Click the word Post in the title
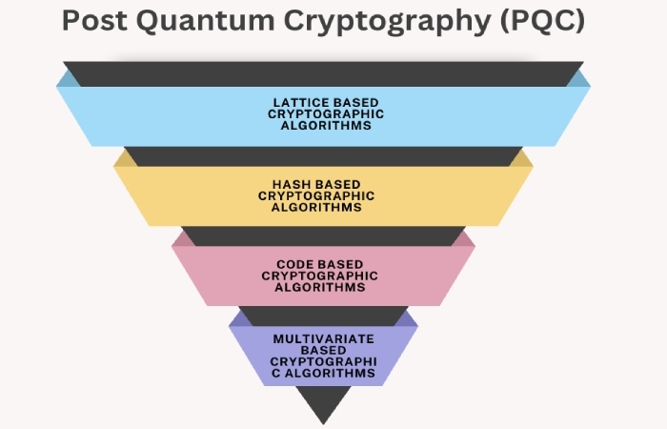[x=94, y=20]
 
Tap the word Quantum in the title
[x=205, y=21]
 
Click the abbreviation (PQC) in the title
[x=542, y=21]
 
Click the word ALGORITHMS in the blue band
[x=326, y=126]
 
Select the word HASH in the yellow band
[x=291, y=184]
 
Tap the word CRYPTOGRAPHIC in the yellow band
[x=316, y=195]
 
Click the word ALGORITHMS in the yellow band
[x=316, y=207]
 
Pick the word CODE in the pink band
[x=295, y=264]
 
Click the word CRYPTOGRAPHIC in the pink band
[x=319, y=276]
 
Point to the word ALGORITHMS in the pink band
[x=320, y=287]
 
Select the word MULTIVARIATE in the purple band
[x=323, y=338]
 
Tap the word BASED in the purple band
[x=323, y=350]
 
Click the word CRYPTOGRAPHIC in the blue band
[x=326, y=114]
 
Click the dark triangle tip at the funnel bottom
[x=323, y=424]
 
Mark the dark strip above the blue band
[x=323, y=74]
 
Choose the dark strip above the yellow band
[x=323, y=156]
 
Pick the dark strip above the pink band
[x=323, y=236]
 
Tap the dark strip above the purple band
[x=323, y=317]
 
